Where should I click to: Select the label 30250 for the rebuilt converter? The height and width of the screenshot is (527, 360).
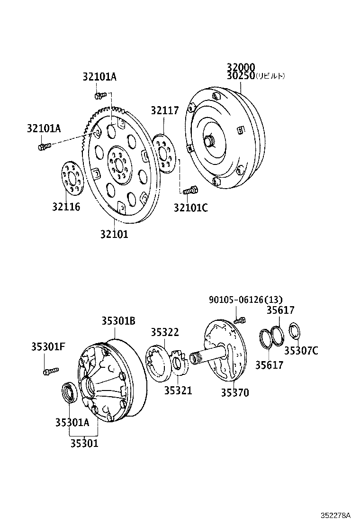tap(241, 76)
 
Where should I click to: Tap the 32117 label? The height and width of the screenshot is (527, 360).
tap(165, 110)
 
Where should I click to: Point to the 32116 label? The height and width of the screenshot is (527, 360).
tap(66, 207)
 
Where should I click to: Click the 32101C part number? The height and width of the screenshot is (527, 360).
tap(190, 207)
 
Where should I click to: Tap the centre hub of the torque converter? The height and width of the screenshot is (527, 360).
tap(209, 141)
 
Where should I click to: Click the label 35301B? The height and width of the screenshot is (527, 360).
tap(118, 321)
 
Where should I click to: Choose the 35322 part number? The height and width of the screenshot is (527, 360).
tap(165, 332)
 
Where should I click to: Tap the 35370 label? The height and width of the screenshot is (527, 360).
tap(234, 392)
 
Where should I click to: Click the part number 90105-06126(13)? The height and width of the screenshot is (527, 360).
tap(245, 299)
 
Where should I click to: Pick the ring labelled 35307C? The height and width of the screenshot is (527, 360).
tap(295, 331)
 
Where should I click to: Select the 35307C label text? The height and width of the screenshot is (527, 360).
tap(301, 351)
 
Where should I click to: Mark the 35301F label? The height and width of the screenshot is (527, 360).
tap(48, 346)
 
